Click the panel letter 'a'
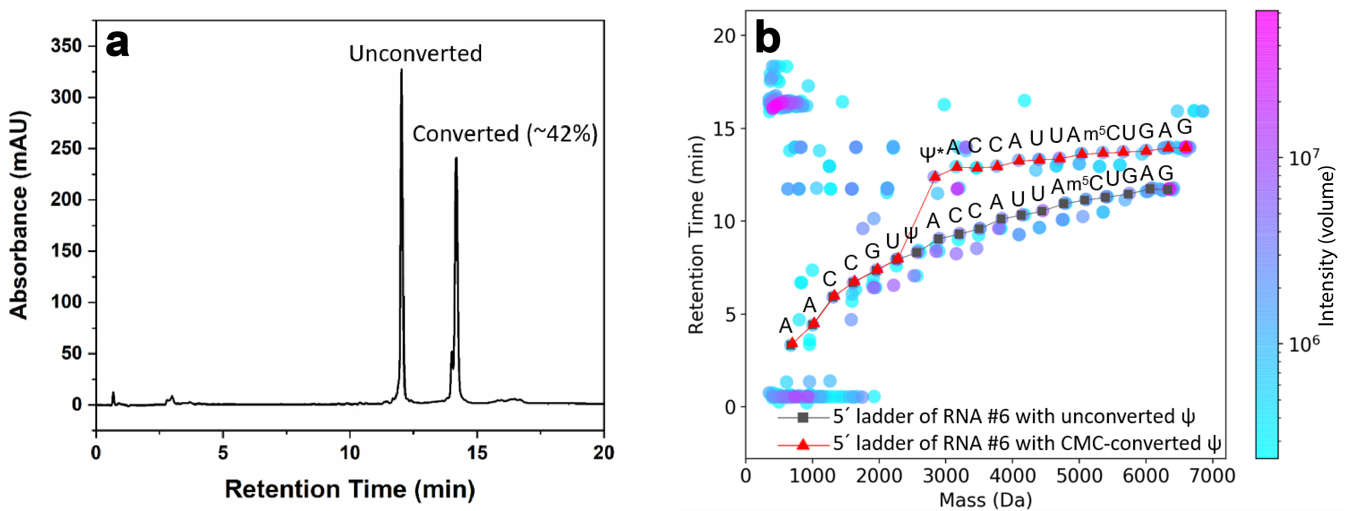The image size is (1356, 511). click(117, 44)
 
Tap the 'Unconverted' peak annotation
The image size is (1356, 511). click(415, 54)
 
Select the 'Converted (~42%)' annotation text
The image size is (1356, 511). click(505, 134)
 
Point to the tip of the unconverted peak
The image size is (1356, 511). click(401, 70)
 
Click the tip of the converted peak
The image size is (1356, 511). click(456, 158)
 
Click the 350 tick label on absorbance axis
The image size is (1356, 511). click(66, 46)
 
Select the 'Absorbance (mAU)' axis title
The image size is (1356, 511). click(19, 215)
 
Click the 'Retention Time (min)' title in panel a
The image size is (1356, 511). click(350, 490)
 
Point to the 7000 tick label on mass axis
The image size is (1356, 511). click(1212, 476)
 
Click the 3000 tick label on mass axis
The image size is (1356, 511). click(946, 476)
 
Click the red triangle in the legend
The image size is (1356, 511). click(803, 444)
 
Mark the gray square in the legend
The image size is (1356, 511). click(803, 417)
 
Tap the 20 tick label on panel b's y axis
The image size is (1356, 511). click(724, 36)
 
